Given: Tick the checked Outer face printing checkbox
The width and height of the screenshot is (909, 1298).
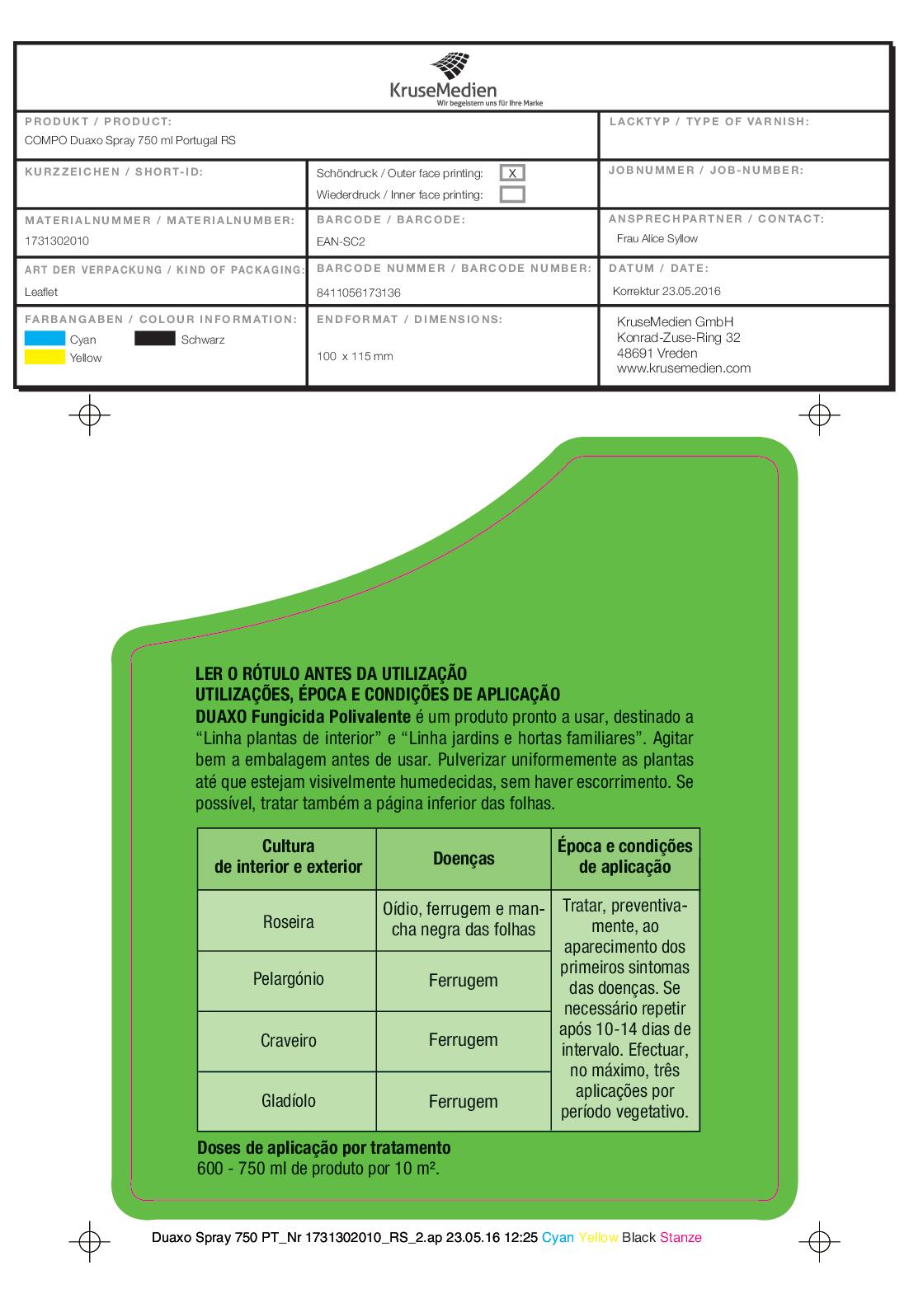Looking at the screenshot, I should click(x=512, y=173).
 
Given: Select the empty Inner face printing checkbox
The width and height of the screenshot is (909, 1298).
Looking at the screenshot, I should click(x=512, y=194).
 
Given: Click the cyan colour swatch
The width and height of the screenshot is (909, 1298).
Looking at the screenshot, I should click(x=45, y=338).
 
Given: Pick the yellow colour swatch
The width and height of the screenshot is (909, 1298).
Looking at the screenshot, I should click(x=45, y=357).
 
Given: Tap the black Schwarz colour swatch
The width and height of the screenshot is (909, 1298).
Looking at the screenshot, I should click(x=155, y=338).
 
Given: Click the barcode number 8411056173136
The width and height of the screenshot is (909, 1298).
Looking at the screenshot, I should click(x=359, y=293).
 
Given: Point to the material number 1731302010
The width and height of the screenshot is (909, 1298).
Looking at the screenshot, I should click(x=57, y=241).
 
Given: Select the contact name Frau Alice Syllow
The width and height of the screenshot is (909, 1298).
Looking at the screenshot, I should click(x=657, y=239).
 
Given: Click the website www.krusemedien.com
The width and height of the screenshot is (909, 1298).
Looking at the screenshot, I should click(x=684, y=368).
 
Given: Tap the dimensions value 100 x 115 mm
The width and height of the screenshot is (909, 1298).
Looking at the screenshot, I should click(x=355, y=357).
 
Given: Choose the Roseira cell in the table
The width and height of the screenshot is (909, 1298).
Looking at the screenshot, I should click(x=288, y=921).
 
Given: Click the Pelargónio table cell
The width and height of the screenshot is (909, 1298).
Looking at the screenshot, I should click(x=288, y=979).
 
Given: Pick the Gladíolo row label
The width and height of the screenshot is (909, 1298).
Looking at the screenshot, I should click(x=288, y=1101).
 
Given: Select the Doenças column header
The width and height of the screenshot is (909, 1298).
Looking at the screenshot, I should click(x=464, y=859).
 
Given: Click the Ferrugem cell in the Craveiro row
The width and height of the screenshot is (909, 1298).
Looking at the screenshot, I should click(x=464, y=1040).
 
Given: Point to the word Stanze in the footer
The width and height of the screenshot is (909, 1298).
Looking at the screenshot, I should click(x=681, y=1237).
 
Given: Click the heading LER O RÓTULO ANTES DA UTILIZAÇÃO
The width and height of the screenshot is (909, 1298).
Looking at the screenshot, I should click(x=332, y=674).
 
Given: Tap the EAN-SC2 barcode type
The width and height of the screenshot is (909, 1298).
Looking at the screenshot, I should click(x=341, y=242).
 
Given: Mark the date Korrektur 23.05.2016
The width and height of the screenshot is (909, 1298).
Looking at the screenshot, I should click(x=666, y=291).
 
